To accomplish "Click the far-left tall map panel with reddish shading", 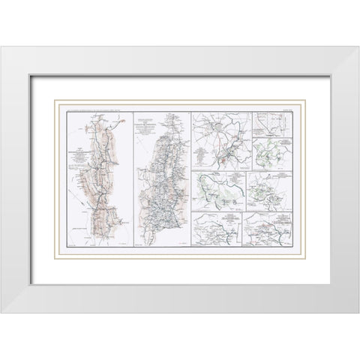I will tap(98, 180).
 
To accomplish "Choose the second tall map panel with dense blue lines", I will tap(161, 180).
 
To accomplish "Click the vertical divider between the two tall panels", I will tap(133, 180).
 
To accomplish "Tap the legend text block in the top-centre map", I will tap(203, 158).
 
